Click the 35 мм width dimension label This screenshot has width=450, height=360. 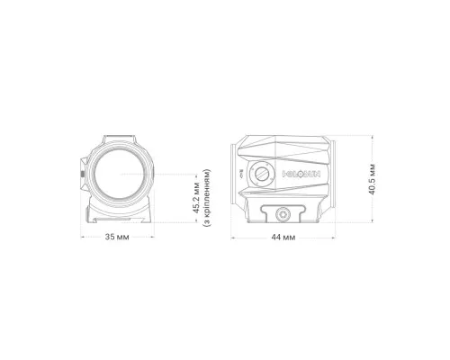click(117, 237)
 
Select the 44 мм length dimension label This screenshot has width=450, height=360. click(283, 238)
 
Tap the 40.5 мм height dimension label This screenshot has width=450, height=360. click(372, 179)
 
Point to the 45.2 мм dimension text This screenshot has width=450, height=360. click(196, 198)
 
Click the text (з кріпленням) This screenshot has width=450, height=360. click(207, 198)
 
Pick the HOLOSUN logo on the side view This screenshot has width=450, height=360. click(301, 174)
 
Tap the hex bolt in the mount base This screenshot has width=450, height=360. click(283, 214)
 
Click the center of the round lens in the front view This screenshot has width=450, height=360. click(120, 174)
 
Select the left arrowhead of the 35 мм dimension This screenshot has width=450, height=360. click(82, 237)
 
